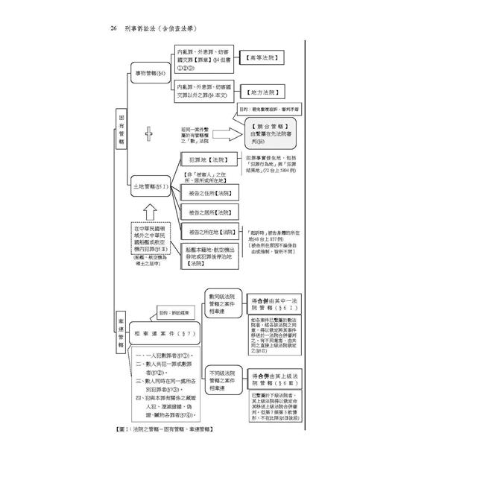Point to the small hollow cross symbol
point(148,134)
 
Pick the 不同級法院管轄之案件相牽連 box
point(224,381)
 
